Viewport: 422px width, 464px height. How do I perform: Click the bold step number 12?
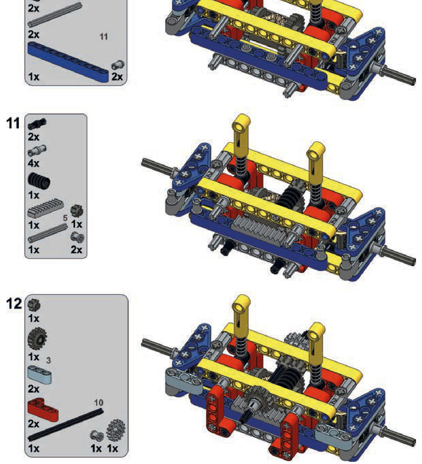pyautogui.click(x=14, y=303)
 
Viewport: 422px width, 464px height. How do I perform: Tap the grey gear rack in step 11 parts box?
pyautogui.click(x=46, y=208)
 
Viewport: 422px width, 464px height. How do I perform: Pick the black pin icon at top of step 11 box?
pyautogui.click(x=37, y=124)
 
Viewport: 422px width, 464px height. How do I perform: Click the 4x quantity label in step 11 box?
pyautogui.click(x=34, y=163)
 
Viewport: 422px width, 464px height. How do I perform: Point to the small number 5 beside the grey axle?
pyautogui.click(x=65, y=218)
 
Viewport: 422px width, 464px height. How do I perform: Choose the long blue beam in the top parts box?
pyautogui.click(x=68, y=62)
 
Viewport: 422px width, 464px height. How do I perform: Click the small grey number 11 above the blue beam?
pyautogui.click(x=104, y=36)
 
